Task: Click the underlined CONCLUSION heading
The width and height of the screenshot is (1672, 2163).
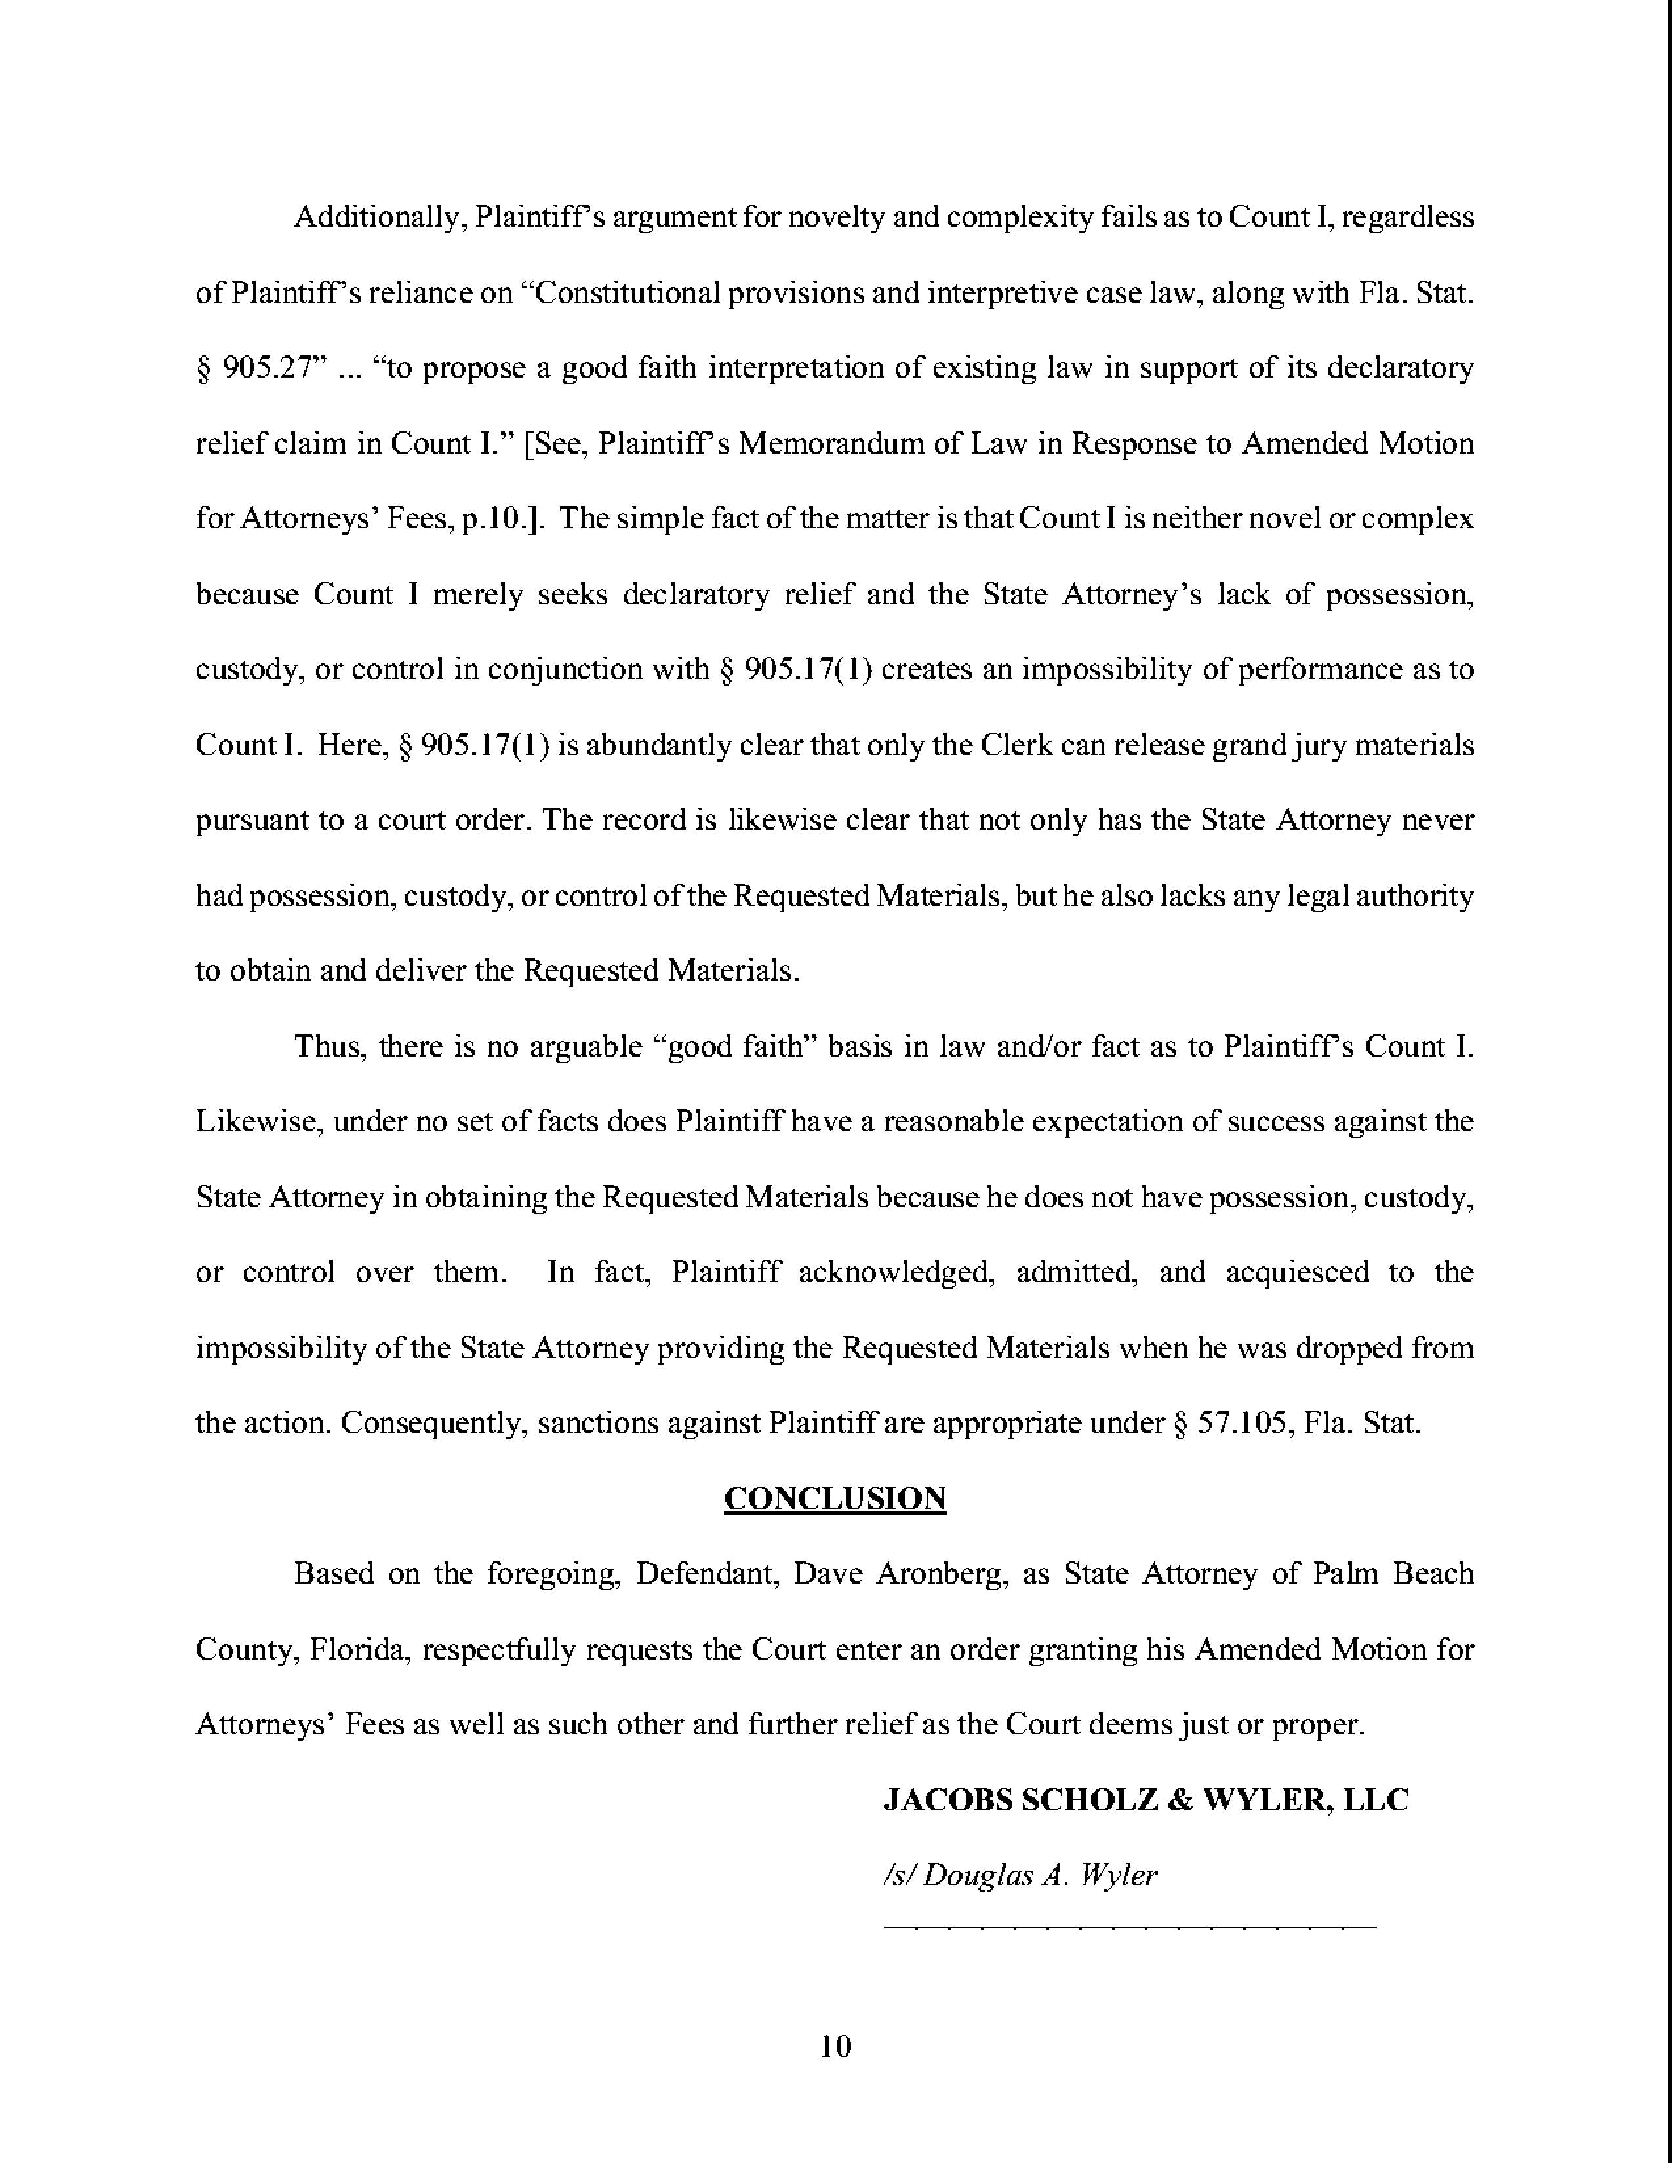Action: point(835,1498)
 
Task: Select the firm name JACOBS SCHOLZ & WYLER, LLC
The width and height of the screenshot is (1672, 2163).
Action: point(1145,1799)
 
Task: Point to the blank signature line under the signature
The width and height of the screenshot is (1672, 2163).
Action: point(1129,1926)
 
